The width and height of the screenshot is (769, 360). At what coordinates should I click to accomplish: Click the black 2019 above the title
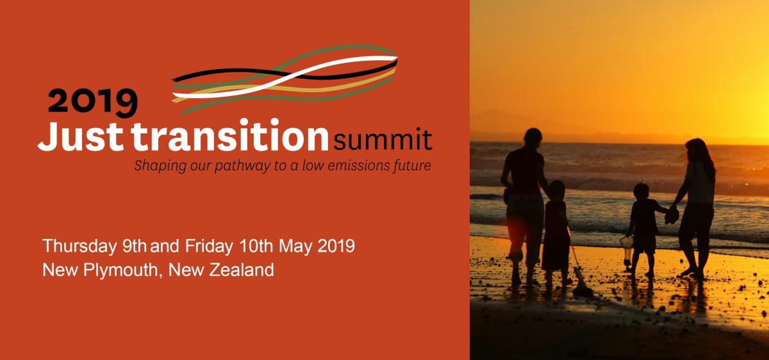93,102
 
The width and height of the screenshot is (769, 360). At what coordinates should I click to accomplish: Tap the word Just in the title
81,136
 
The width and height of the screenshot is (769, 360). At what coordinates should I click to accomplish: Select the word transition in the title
229,135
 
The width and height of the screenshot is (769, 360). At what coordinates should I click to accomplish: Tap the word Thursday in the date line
79,247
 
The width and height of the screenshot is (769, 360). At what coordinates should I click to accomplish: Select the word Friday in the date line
209,247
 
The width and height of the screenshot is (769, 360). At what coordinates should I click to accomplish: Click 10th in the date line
256,246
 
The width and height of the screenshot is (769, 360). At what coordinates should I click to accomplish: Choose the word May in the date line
295,247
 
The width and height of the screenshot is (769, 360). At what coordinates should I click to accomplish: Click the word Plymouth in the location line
120,270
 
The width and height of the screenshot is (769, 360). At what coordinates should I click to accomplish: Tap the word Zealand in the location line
242,270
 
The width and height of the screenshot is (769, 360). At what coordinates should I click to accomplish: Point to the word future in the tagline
411,165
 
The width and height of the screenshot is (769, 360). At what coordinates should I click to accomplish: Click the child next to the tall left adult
555,233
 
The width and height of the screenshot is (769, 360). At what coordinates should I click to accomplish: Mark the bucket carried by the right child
627,248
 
